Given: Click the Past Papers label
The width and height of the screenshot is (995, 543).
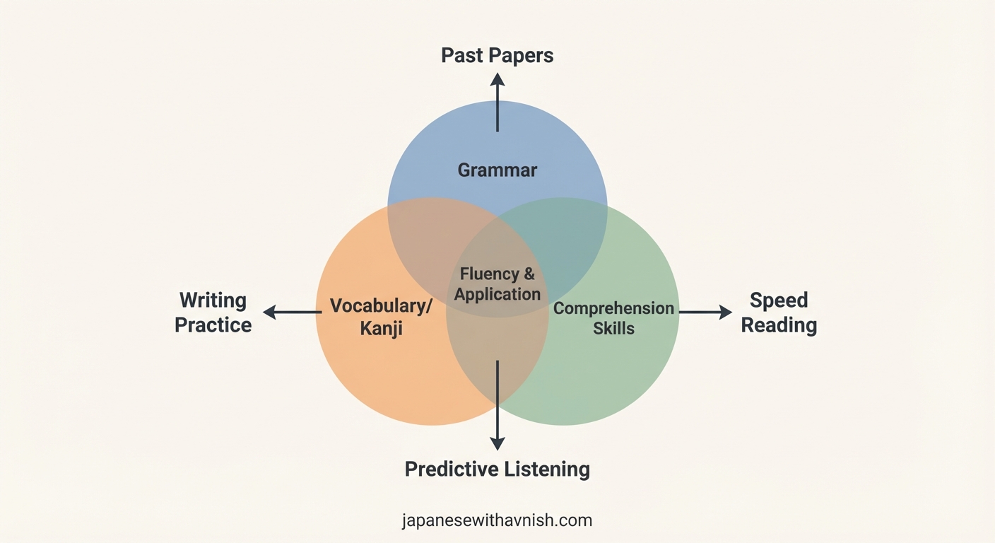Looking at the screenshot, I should point(497,56).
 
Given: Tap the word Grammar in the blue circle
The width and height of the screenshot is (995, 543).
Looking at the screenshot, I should point(497,170).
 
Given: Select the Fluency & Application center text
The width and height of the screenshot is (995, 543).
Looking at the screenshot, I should point(497,284).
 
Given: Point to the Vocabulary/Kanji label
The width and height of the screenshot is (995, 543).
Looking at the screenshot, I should point(381,317).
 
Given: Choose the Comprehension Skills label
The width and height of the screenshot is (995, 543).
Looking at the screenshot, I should point(613,317).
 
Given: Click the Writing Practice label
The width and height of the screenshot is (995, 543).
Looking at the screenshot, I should point(213,313).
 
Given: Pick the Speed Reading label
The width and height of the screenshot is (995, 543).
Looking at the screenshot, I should point(778,313).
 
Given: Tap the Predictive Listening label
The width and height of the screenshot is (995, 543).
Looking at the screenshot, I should point(497,469).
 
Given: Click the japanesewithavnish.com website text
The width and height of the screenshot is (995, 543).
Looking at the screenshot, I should point(497,521).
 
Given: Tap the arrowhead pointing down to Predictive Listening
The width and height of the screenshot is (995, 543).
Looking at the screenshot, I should point(497,443).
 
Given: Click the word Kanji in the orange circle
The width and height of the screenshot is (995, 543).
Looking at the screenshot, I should point(381,329).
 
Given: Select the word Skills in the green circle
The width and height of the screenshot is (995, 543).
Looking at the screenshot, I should point(613,328).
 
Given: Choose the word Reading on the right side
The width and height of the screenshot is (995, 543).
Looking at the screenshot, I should point(778,325).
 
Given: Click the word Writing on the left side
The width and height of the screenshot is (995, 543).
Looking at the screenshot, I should point(213,300).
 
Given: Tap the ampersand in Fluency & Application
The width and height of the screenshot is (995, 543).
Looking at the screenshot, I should point(529,274).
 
